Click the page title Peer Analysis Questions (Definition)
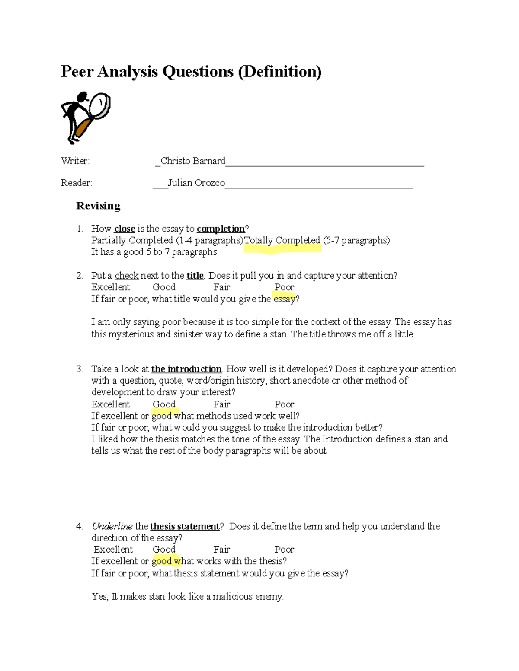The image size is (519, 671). tap(191, 71)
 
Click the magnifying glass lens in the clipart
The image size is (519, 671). tap(100, 105)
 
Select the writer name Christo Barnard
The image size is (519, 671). tap(193, 161)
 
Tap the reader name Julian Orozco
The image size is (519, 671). tap(196, 183)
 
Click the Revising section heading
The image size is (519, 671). tap(98, 206)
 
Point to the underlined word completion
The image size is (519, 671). tap(221, 229)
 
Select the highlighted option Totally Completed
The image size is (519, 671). tap(282, 240)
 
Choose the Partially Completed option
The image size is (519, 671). tap(132, 240)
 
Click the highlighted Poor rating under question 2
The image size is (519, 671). tap(284, 287)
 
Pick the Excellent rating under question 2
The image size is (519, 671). tap(110, 287)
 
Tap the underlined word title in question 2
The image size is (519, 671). tap(195, 276)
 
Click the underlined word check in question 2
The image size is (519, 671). tap(126, 276)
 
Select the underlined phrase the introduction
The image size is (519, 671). tap(186, 369)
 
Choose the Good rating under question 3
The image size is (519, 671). tap(164, 404)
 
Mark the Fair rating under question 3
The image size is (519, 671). tap(221, 404)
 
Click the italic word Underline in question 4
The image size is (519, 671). tap(112, 526)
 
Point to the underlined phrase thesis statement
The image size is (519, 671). tap(185, 526)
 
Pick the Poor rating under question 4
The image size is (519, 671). tap(284, 550)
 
